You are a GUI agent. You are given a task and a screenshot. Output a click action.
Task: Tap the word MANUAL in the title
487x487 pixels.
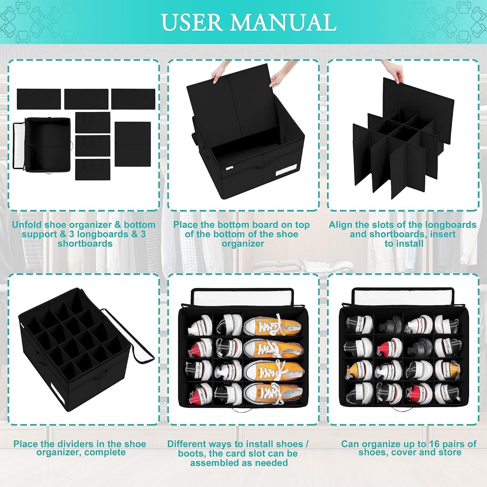(x=284, y=23)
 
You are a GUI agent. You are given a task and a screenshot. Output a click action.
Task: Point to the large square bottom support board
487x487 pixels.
(x=132, y=144)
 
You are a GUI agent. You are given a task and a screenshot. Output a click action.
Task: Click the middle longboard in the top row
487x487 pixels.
(x=86, y=99)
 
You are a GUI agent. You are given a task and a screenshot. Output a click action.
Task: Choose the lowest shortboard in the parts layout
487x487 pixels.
(x=93, y=170)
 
